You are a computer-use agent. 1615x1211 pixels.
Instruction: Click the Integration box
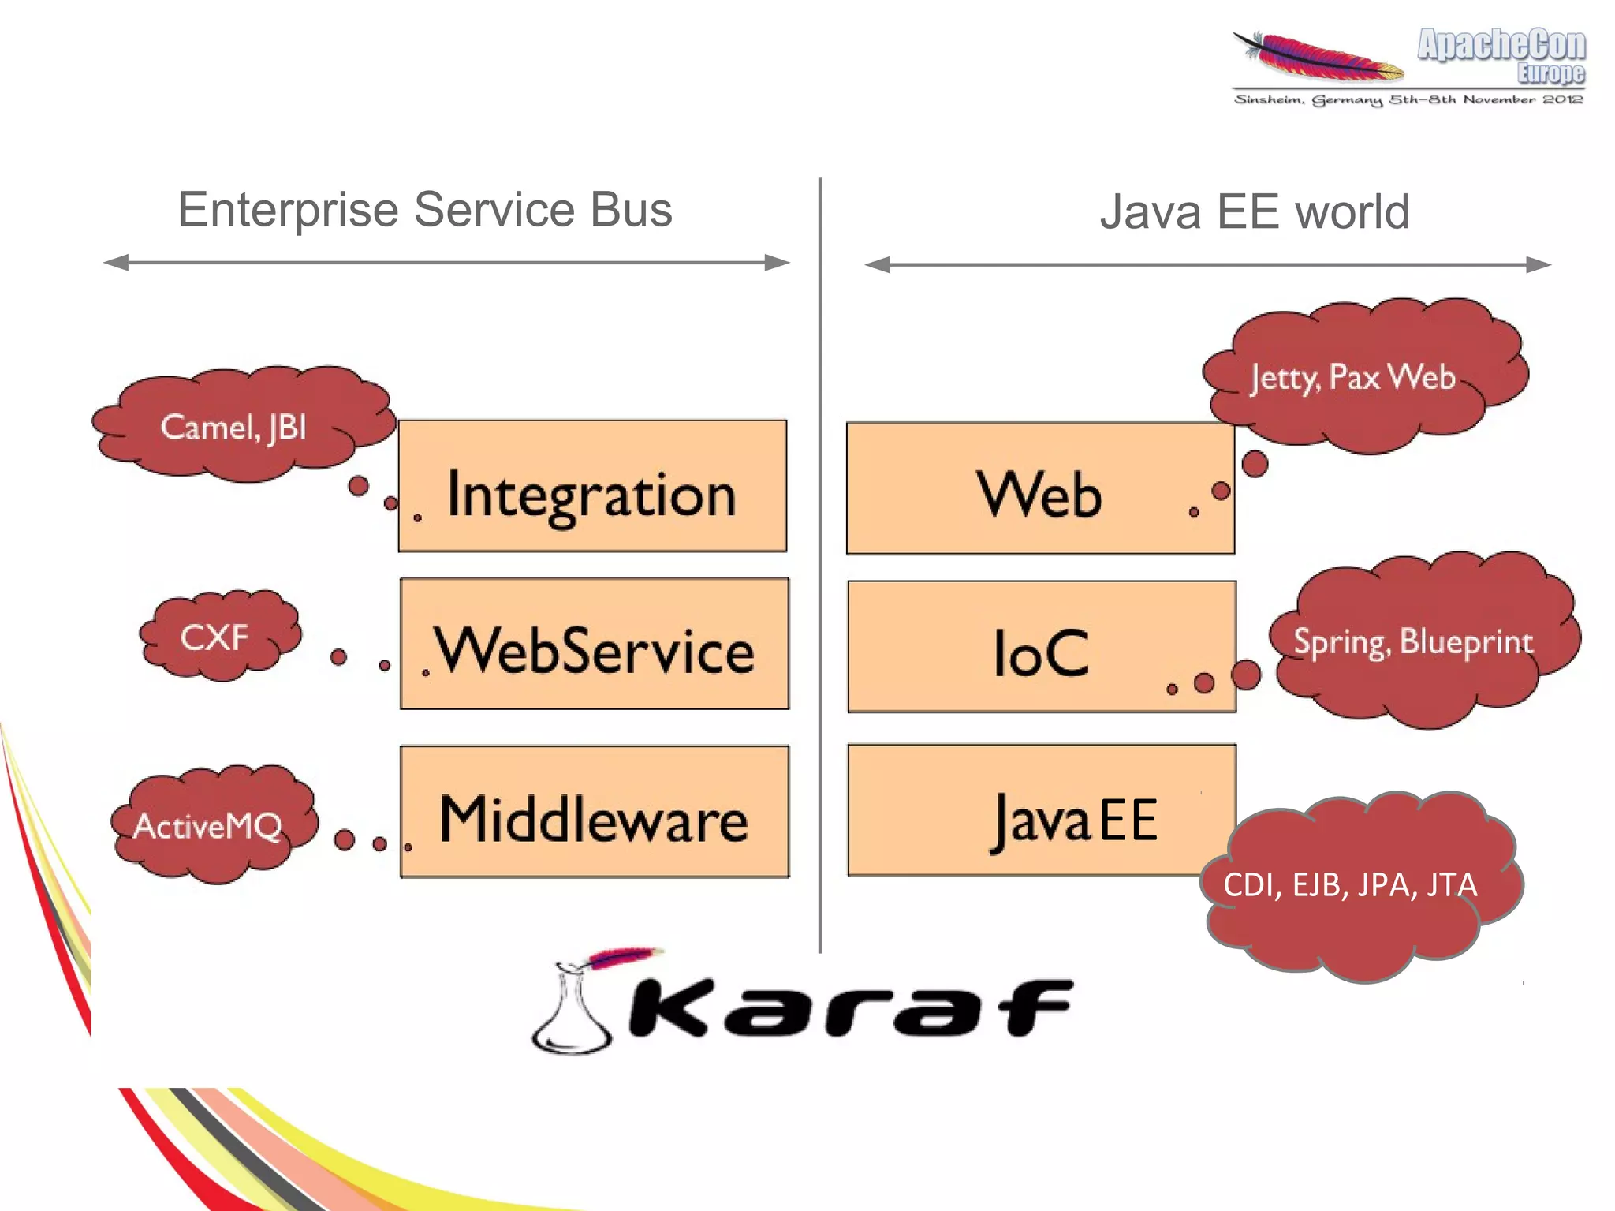pos(592,486)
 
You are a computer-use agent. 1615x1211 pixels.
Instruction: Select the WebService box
pos(594,644)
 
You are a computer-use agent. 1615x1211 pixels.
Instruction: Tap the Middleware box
pos(594,811)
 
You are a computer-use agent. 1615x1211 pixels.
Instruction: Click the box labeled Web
pos(1039,488)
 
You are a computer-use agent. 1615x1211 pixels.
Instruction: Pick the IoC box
pos(1041,647)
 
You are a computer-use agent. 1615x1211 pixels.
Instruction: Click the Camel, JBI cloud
pos(237,426)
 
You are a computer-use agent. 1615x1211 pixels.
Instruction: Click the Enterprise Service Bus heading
pos(425,210)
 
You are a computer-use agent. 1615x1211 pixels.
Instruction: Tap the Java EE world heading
pos(1254,211)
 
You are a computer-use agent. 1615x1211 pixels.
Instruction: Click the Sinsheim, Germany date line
pos(1408,99)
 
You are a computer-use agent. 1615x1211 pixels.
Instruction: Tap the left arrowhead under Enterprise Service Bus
pos(117,263)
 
